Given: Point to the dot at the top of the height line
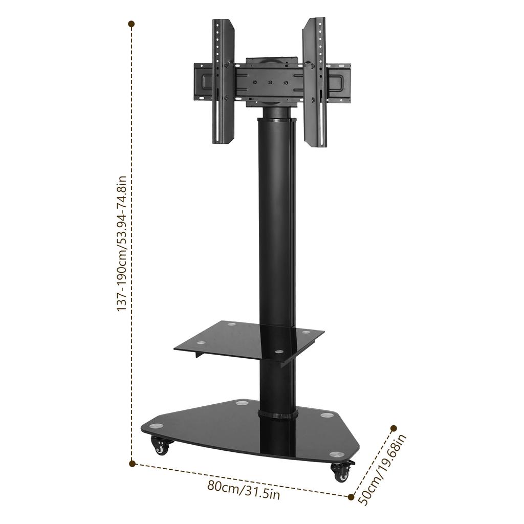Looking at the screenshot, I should pos(132,24).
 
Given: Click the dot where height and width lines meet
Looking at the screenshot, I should pos(132,464).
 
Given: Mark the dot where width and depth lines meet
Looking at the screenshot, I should pos(352,496).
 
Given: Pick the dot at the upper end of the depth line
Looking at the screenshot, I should pos(394,428).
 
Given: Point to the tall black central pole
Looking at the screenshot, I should pos(275,230).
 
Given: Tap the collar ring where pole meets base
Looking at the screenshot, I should pos(277,414).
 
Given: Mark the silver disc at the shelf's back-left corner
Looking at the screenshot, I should pos(231,324).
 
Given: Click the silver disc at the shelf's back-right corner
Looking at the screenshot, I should pos(306,332).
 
